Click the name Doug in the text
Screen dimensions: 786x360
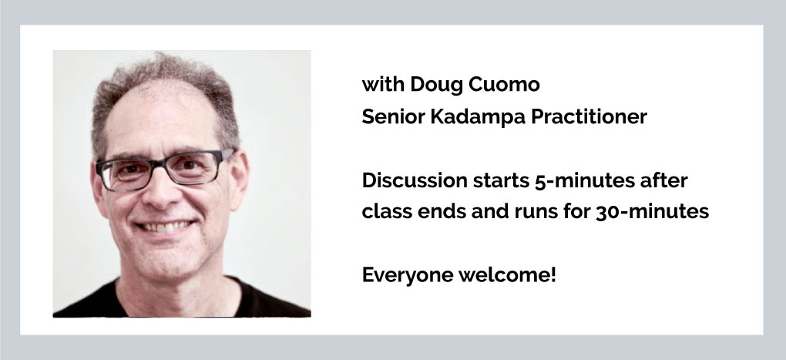pos(436,86)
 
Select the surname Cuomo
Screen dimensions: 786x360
pos(504,84)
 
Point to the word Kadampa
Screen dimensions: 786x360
pos(478,118)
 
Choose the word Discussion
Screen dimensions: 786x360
pos(415,180)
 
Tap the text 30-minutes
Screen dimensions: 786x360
pos(652,211)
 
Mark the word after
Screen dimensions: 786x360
pos(663,180)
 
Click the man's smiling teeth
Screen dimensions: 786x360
pos(164,227)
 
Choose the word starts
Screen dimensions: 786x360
pos(501,181)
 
